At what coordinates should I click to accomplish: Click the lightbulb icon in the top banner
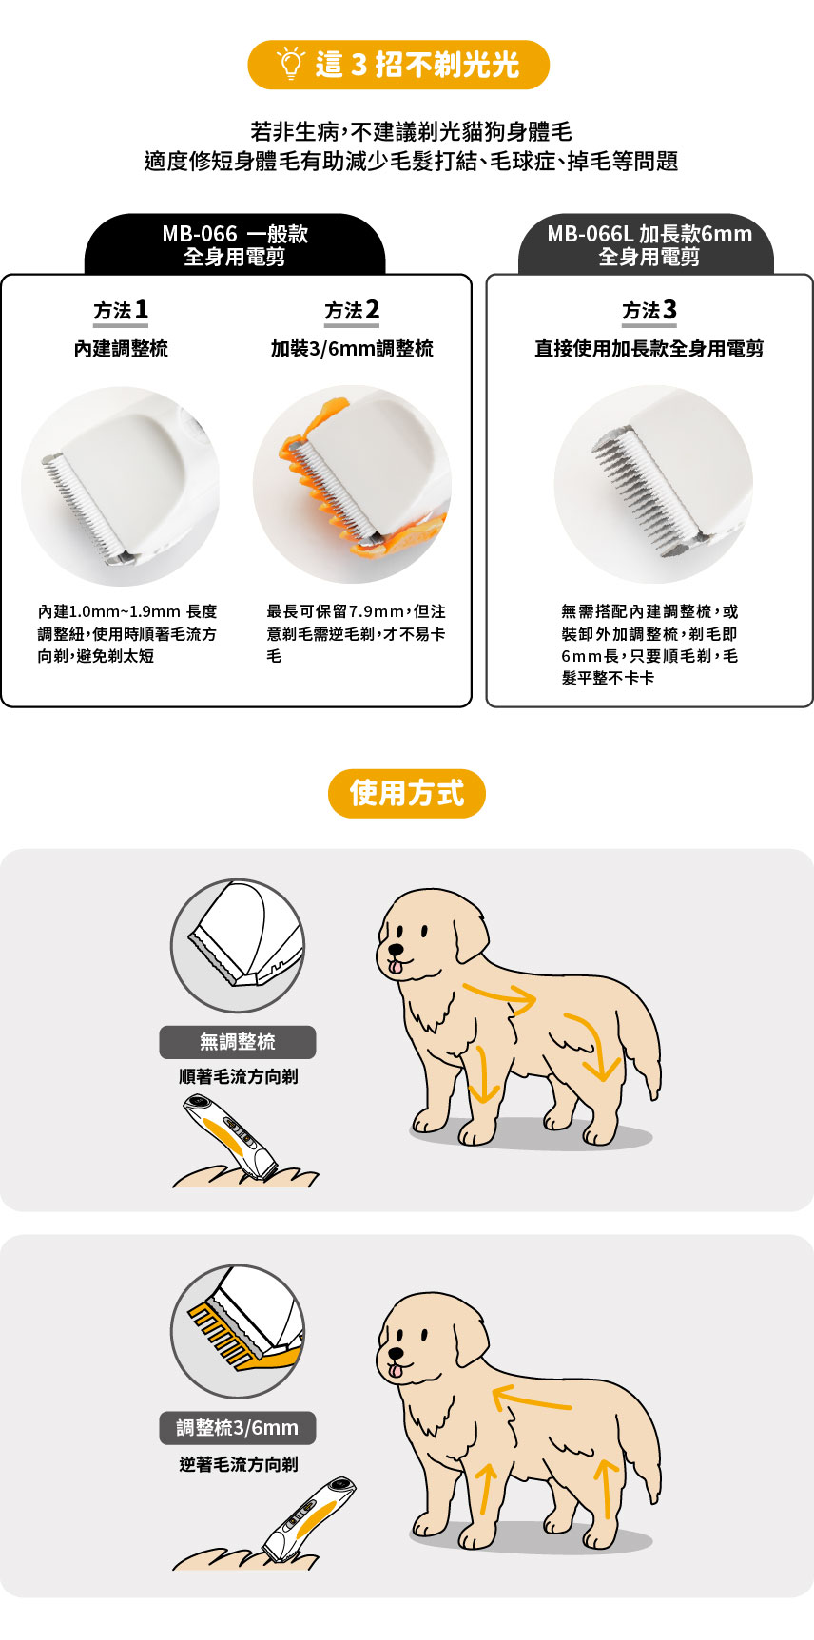[290, 63]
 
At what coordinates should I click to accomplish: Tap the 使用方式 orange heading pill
[407, 793]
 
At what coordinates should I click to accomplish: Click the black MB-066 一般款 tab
[235, 244]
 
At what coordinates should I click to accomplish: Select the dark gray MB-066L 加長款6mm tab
[649, 244]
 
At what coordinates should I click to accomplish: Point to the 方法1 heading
[121, 310]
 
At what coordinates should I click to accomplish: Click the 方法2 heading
[352, 310]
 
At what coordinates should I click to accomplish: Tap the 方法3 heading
[649, 310]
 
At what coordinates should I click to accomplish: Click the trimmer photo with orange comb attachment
[352, 485]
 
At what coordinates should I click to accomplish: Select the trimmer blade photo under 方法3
[653, 485]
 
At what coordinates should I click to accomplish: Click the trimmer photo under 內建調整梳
[121, 485]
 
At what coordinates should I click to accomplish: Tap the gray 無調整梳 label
[238, 1042]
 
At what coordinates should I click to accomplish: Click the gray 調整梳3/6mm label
[238, 1428]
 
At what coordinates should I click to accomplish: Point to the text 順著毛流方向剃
[239, 1076]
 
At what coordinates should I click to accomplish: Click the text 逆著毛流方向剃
[239, 1464]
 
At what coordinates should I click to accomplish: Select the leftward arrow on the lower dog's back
[532, 1399]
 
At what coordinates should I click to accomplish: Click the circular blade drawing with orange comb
[238, 1331]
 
